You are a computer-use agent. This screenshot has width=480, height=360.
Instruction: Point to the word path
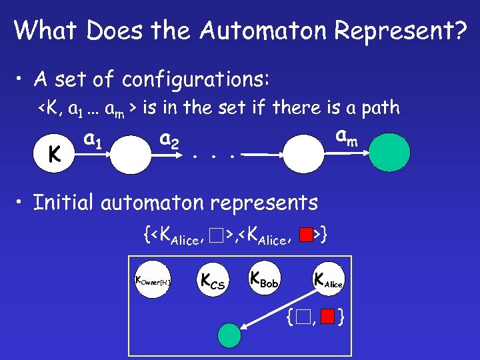point(379,107)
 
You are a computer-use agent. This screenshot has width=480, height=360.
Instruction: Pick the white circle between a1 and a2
point(131,155)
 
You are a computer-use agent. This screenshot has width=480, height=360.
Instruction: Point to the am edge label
point(345,137)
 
